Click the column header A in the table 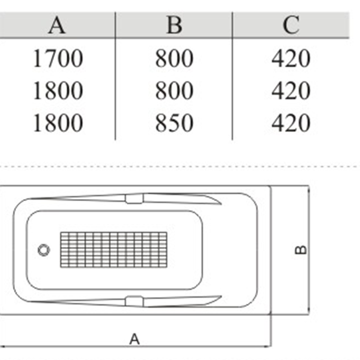tap(57, 25)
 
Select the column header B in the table tap(174, 25)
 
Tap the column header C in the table tap(291, 25)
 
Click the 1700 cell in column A tap(58, 58)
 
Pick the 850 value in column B tap(174, 123)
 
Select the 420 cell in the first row tap(291, 58)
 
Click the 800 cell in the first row tap(174, 58)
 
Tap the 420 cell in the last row tap(291, 123)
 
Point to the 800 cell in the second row tap(174, 90)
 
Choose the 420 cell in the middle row tap(291, 90)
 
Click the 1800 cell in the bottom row tap(58, 123)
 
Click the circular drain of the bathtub tap(44, 250)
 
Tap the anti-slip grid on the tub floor tap(114, 250)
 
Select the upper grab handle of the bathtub tap(134, 198)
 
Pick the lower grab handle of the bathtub tap(134, 301)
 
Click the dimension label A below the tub tap(135, 339)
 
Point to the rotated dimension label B tap(301, 250)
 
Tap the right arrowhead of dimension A tap(269, 346)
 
